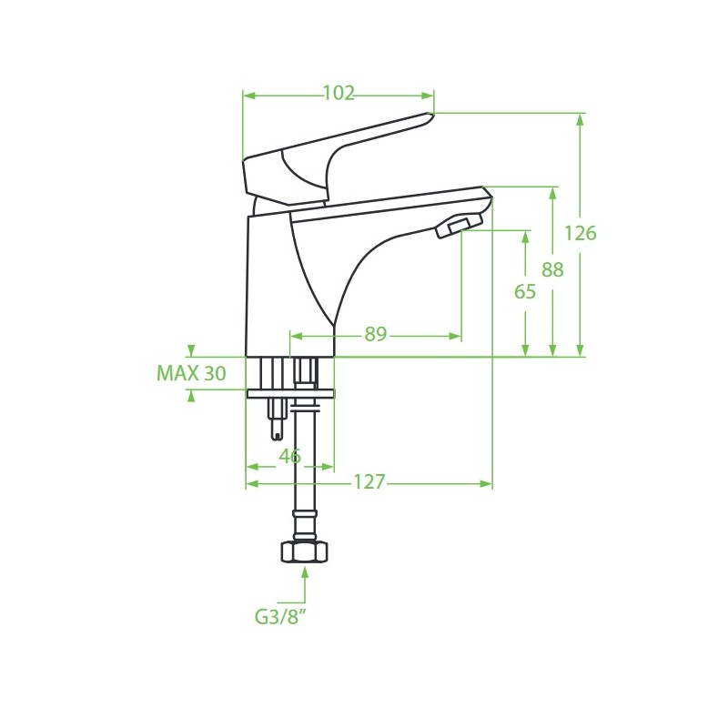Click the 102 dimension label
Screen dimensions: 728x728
point(339,94)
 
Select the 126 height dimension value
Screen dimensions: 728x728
point(580,233)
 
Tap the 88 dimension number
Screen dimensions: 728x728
point(552,269)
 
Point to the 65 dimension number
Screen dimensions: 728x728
point(525,291)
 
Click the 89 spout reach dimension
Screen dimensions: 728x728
point(375,333)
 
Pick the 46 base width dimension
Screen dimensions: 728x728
point(289,456)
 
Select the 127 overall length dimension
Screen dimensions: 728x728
point(369,482)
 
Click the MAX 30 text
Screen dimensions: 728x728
point(191,373)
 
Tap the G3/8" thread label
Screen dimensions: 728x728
point(281,617)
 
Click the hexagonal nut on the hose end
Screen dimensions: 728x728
point(305,551)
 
